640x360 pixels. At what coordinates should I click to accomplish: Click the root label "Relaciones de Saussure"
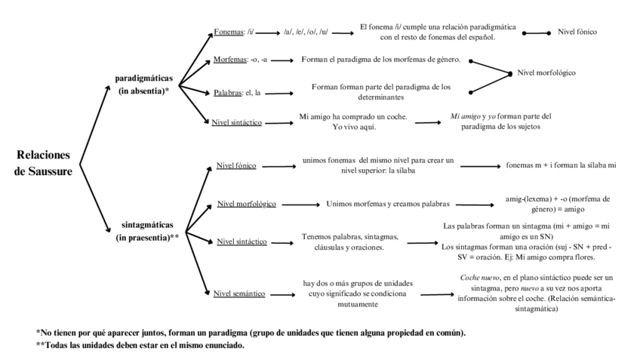point(43,163)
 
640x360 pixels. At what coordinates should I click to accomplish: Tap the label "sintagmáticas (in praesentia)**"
point(147,230)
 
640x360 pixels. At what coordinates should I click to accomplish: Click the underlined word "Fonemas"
point(229,32)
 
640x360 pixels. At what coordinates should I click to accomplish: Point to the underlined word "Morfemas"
point(230,58)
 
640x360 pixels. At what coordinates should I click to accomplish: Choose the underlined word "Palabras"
point(228,93)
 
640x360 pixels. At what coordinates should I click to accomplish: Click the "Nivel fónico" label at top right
point(577,32)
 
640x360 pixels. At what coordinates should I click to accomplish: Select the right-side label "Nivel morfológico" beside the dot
point(546,73)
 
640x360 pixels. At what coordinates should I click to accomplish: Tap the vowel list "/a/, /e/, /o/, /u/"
point(306,32)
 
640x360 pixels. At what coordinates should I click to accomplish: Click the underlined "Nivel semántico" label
point(241,294)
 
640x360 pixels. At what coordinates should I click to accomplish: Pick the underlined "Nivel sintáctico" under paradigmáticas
point(236,122)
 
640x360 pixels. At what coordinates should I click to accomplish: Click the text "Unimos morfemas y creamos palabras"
point(388,204)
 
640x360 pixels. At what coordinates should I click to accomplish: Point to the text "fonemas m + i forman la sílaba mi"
point(562,165)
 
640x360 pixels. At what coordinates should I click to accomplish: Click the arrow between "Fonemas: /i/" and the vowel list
point(269,32)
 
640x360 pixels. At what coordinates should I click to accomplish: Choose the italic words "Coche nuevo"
point(481,277)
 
